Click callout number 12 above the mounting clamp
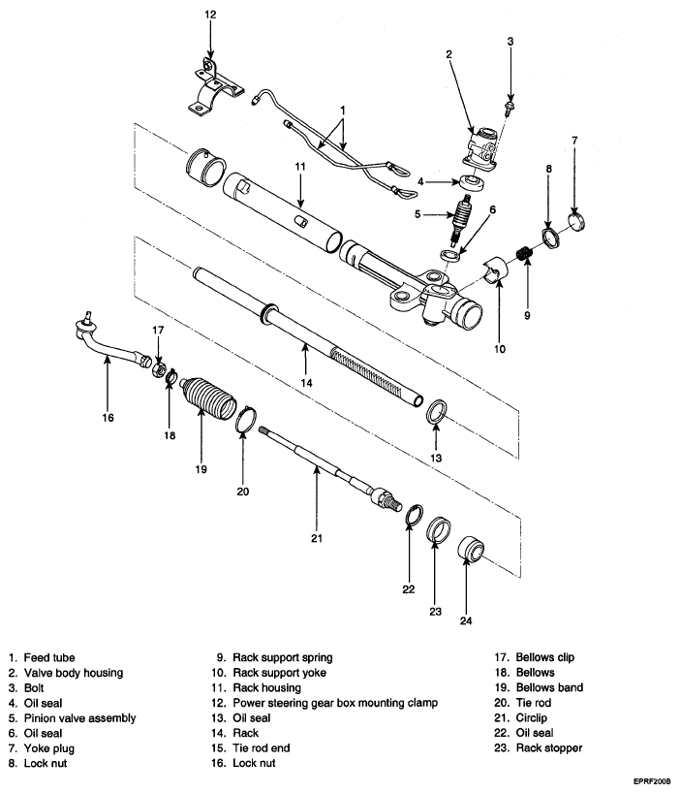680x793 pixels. [x=210, y=15]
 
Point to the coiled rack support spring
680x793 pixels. [x=525, y=252]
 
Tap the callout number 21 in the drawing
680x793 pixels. [x=317, y=538]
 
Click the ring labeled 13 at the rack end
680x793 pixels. [x=437, y=412]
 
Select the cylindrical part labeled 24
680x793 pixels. [x=472, y=550]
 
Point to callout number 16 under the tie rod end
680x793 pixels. [x=108, y=418]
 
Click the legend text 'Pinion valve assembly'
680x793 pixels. [x=79, y=718]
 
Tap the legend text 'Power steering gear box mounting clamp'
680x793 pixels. [x=335, y=703]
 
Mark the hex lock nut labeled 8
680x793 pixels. [x=550, y=238]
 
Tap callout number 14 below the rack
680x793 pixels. [x=307, y=383]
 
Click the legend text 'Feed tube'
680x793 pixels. [x=49, y=658]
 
